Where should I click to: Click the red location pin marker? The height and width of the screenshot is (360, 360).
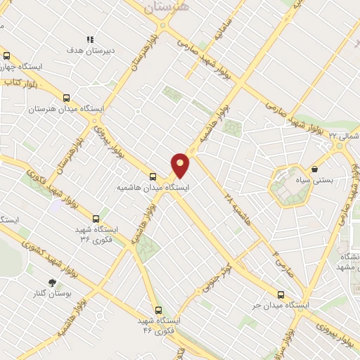(181, 165)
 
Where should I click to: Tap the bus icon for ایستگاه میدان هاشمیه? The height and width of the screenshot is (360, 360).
(153, 176)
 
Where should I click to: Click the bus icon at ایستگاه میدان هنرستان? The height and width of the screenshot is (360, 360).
(67, 98)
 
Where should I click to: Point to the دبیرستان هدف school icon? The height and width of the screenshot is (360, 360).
(89, 40)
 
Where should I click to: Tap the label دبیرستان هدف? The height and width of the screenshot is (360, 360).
(85, 51)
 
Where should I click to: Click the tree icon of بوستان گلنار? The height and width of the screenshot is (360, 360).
(51, 282)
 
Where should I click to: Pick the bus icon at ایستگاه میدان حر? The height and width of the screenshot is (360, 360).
(281, 295)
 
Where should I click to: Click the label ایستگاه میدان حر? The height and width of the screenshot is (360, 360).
(281, 306)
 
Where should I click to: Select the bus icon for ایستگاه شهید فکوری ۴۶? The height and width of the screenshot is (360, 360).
(157, 310)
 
